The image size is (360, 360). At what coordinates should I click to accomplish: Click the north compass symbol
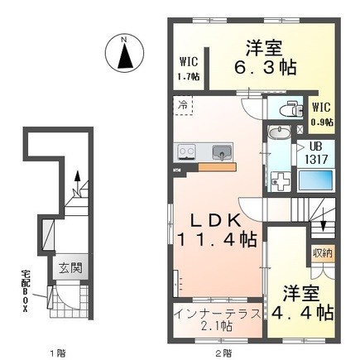pos(125,54)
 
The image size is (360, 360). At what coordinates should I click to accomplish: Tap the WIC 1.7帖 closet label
pos(190,69)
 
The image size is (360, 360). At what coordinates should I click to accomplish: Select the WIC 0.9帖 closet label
pos(322,114)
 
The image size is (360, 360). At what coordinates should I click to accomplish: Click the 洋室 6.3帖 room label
pos(265,58)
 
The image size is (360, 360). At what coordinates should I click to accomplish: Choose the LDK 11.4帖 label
pos(218,230)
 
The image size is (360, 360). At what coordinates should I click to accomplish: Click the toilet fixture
pos(290,109)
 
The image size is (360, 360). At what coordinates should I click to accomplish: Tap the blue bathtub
pos(316,180)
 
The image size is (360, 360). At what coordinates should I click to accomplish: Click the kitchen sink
pos(222,152)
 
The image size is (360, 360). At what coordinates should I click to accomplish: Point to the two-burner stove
pos(187,151)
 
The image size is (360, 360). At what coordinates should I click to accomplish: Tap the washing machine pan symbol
pos(281,182)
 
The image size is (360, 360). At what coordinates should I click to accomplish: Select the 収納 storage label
pos(323,253)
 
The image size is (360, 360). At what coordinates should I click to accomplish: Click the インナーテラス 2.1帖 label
pos(218,320)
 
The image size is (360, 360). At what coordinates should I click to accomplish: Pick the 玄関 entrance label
pos(71,267)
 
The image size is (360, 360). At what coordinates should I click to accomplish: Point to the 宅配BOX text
pos(26,290)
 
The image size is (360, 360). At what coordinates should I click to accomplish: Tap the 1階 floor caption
pos(58,353)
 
